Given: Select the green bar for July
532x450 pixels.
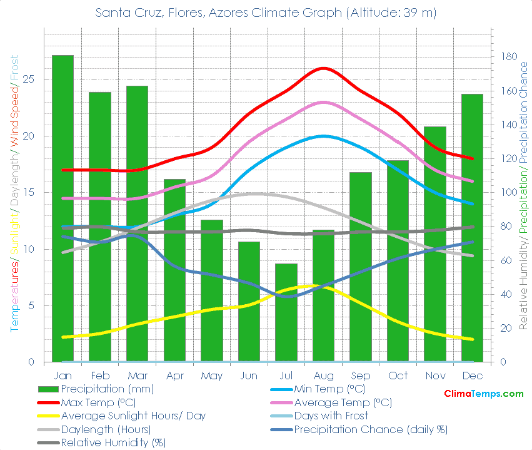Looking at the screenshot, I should tap(286, 312).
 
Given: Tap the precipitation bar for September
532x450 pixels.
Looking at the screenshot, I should tap(361, 267).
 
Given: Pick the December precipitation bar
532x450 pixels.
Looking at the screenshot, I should tap(473, 228).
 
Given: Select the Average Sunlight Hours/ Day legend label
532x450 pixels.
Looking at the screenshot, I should tap(133, 416).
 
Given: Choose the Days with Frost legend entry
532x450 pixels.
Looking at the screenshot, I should tap(331, 416).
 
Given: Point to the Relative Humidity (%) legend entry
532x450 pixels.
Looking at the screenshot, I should tap(113, 442).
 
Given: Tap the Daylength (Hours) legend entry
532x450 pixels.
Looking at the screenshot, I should tap(106, 429).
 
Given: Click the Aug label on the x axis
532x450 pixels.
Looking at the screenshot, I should tap(323, 376).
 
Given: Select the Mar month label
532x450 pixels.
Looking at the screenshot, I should tap(137, 376).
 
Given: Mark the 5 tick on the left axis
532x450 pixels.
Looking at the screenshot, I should tap(31, 305).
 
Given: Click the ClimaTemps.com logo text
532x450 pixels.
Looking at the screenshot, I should tap(483, 394).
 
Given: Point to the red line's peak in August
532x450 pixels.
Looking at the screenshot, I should tap(323, 68).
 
